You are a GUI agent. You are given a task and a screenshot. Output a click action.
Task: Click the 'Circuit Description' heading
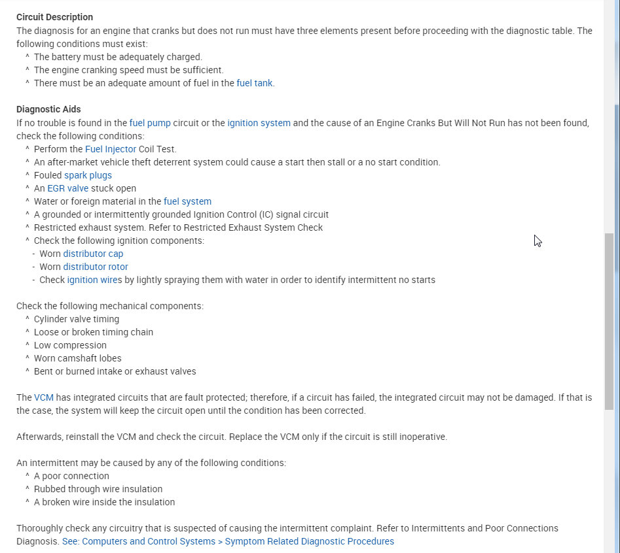54,17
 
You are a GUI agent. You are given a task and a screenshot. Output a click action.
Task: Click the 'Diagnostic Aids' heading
48,109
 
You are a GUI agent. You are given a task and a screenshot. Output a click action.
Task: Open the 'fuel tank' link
254,83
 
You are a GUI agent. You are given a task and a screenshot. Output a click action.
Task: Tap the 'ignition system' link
259,122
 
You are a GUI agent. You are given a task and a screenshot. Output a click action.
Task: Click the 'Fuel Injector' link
111,149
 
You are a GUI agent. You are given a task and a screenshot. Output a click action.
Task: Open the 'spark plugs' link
88,175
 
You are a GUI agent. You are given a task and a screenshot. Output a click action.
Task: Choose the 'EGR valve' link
67,188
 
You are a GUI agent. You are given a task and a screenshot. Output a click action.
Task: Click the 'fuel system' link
187,201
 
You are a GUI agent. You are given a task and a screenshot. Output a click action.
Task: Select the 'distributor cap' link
93,254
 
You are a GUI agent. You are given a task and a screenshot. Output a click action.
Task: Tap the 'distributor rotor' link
96,267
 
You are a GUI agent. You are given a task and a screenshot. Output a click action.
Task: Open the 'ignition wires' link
94,280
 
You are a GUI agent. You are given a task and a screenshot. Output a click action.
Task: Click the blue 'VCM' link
43,397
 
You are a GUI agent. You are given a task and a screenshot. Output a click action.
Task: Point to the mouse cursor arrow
537,240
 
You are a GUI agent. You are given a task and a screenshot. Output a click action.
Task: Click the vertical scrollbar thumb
610,320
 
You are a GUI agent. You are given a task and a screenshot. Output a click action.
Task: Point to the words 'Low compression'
70,345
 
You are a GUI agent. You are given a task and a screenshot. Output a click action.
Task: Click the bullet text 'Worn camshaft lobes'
77,358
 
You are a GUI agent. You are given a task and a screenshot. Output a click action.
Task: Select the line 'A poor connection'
71,476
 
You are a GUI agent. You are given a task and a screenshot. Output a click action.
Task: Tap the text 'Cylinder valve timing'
77,319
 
